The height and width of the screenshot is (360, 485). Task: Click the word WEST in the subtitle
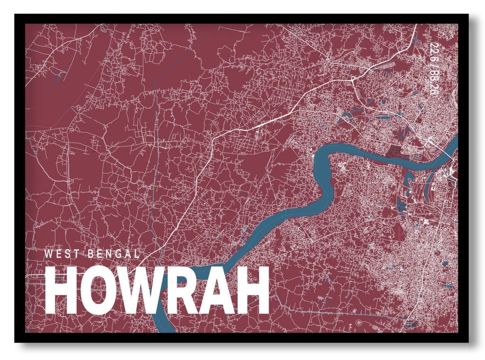pos(59,253)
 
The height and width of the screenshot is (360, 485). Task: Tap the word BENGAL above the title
pos(114,253)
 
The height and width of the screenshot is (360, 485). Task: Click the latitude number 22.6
pos(431,53)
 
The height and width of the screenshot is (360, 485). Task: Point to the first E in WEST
pos(57,253)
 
